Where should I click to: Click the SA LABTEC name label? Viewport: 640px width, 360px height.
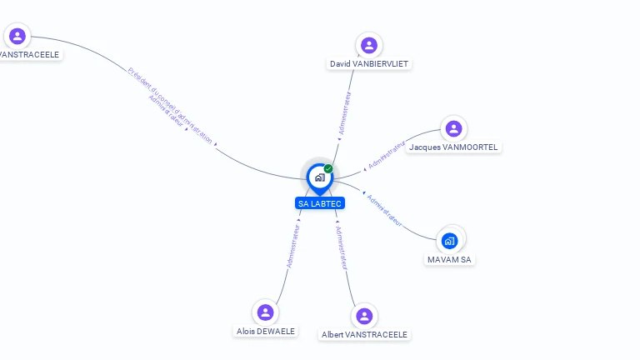320,203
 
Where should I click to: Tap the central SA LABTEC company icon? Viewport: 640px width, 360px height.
319,177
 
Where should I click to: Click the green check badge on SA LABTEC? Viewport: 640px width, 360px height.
328,169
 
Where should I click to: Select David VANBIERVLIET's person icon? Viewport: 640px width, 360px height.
369,45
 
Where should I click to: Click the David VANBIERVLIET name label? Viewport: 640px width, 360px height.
369,64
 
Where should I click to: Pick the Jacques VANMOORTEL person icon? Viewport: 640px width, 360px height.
453,128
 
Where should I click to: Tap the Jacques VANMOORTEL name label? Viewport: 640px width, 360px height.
453,147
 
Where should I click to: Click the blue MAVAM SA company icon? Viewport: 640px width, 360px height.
450,241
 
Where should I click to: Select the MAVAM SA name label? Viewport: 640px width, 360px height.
449,260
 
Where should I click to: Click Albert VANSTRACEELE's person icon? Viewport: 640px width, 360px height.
364,316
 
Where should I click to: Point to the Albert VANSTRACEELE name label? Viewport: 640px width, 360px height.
364,335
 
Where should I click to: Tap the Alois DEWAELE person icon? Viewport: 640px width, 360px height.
266,312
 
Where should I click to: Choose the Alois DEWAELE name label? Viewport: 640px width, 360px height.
266,332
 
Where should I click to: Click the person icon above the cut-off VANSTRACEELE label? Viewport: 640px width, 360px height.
17,36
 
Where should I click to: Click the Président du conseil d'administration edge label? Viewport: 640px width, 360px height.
171,104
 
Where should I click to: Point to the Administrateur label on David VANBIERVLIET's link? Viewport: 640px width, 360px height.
345,113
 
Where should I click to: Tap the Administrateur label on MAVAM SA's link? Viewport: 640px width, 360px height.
385,211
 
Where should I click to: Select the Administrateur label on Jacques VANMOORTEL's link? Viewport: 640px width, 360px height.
387,155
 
